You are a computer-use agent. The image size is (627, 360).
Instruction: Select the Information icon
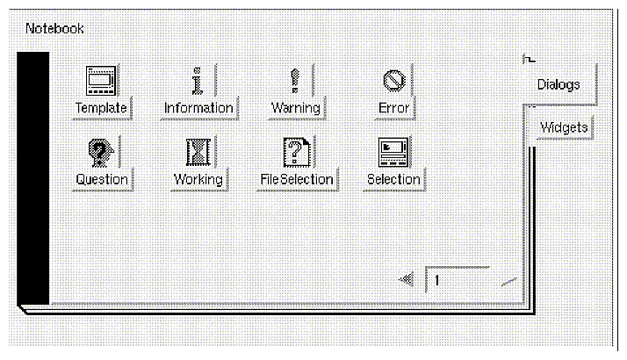pyautogui.click(x=198, y=81)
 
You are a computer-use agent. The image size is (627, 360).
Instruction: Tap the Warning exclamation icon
pyautogui.click(x=295, y=81)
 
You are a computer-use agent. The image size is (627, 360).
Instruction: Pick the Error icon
pyautogui.click(x=393, y=81)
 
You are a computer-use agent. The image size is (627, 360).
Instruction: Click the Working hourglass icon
pyautogui.click(x=198, y=152)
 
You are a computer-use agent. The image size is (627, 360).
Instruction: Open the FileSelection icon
pyautogui.click(x=297, y=152)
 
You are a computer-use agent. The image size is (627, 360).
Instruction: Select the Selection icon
pyautogui.click(x=393, y=152)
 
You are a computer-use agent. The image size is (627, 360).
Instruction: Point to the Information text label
pyautogui.click(x=198, y=108)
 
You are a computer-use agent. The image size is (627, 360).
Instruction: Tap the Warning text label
pyautogui.click(x=295, y=108)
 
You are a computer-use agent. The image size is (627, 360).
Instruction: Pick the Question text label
pyautogui.click(x=102, y=179)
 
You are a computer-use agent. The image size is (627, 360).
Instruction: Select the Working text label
pyautogui.click(x=198, y=179)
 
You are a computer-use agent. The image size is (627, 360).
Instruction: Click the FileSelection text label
pyautogui.click(x=297, y=179)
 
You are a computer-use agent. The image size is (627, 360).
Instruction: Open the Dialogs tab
pyautogui.click(x=559, y=84)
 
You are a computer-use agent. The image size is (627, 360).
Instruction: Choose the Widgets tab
pyautogui.click(x=563, y=127)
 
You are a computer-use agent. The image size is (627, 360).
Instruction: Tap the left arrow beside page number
pyautogui.click(x=406, y=280)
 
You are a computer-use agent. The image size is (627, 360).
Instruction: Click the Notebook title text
pyautogui.click(x=54, y=28)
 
